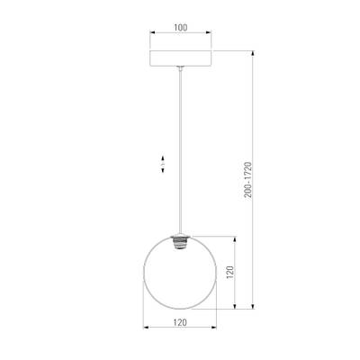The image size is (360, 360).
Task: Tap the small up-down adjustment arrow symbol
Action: click(160, 165)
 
